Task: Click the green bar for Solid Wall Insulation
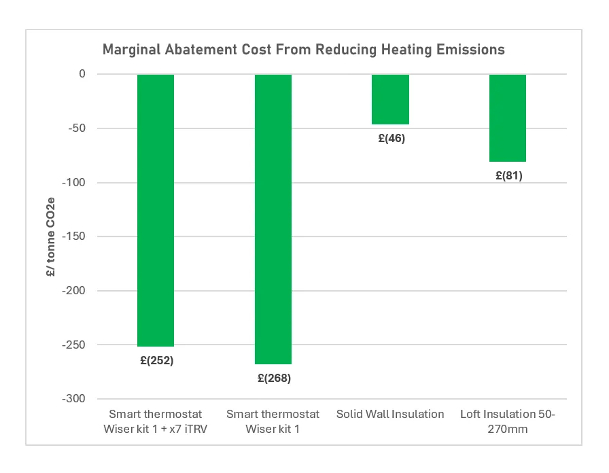[390, 99]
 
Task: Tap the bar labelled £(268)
[273, 219]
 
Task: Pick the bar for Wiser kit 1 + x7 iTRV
[156, 210]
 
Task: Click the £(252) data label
[156, 361]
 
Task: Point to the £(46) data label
[391, 138]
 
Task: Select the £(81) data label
[508, 175]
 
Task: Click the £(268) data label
[273, 378]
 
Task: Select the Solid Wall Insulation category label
[390, 414]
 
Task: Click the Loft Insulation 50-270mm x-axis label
[508, 421]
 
